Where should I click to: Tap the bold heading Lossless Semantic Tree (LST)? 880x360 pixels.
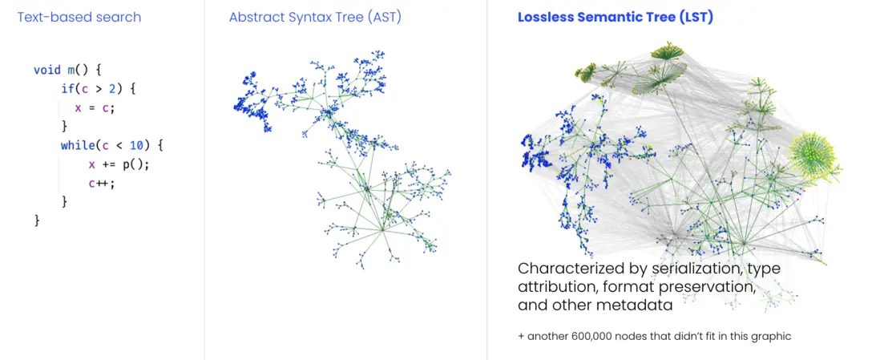[615, 17]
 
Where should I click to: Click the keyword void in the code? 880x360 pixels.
[47, 70]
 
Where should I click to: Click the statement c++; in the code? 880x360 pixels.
[102, 183]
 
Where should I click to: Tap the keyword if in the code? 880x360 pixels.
[67, 89]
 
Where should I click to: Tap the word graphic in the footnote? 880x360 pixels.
[770, 337]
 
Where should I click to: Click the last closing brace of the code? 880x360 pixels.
[37, 220]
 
